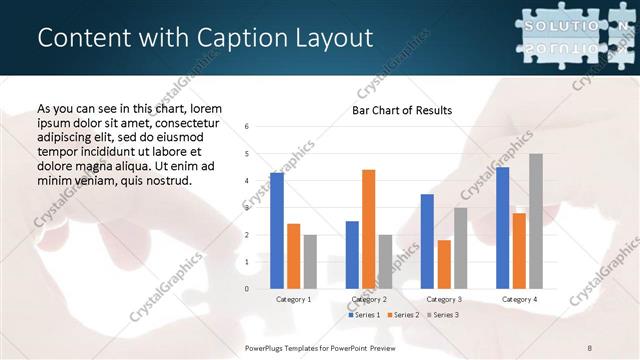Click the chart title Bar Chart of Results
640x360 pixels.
pyautogui.click(x=401, y=110)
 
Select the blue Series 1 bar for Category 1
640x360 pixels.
pyautogui.click(x=277, y=231)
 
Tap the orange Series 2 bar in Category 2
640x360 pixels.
pyautogui.click(x=368, y=229)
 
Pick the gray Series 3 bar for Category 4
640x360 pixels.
pyautogui.click(x=535, y=221)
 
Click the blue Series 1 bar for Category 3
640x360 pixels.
pyautogui.click(x=427, y=241)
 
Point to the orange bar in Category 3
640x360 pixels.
pyautogui.click(x=443, y=264)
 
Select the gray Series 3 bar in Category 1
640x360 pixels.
pyautogui.click(x=310, y=261)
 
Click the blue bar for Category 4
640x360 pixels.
pyautogui.click(x=502, y=228)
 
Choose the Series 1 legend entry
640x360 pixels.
pyautogui.click(x=364, y=315)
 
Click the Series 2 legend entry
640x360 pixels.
pyautogui.click(x=402, y=315)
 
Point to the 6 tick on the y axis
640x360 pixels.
pyautogui.click(x=247, y=127)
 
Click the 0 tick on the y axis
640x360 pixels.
pyautogui.click(x=247, y=289)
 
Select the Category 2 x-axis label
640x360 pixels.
pyautogui.click(x=369, y=299)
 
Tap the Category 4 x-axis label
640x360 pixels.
pyautogui.click(x=519, y=299)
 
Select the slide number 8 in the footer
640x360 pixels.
pyautogui.click(x=590, y=347)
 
